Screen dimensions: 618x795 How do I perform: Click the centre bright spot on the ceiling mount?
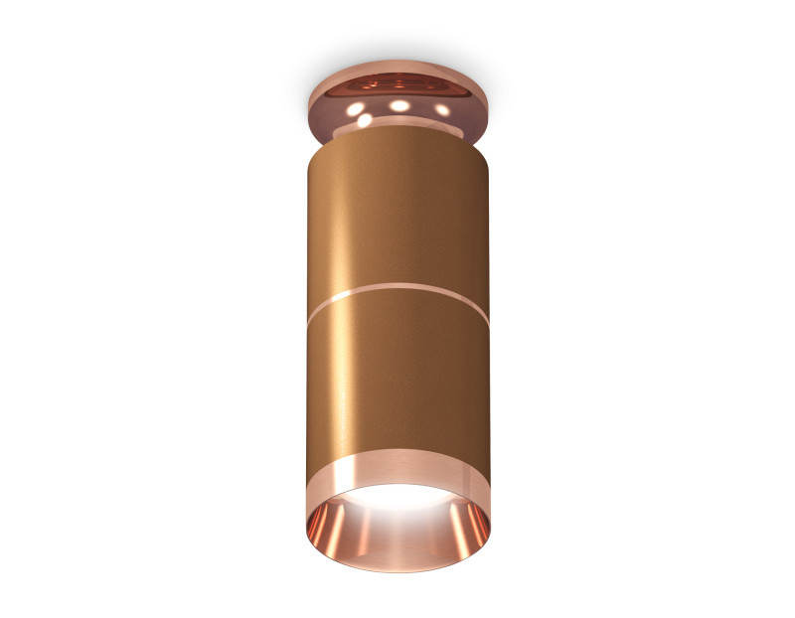point(398,104)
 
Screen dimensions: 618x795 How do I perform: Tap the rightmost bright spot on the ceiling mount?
point(441,108)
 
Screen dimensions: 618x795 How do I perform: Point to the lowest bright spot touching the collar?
point(365,120)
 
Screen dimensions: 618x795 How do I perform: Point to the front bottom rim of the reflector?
point(397,570)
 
